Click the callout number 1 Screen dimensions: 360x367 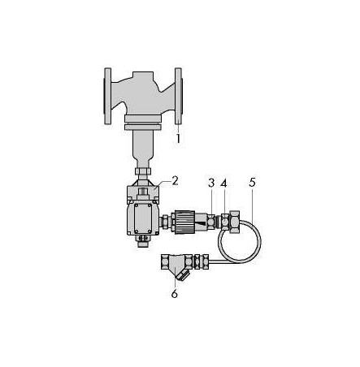click(x=178, y=138)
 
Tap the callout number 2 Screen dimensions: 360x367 click(x=175, y=181)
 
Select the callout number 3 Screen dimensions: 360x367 click(x=211, y=183)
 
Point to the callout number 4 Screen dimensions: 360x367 click(x=223, y=183)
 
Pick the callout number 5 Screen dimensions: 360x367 click(x=252, y=183)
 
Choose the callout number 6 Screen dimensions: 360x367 click(x=175, y=293)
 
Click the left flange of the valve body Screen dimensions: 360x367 click(x=107, y=96)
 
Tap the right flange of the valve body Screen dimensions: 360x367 click(x=178, y=96)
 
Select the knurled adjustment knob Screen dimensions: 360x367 click(x=185, y=222)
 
